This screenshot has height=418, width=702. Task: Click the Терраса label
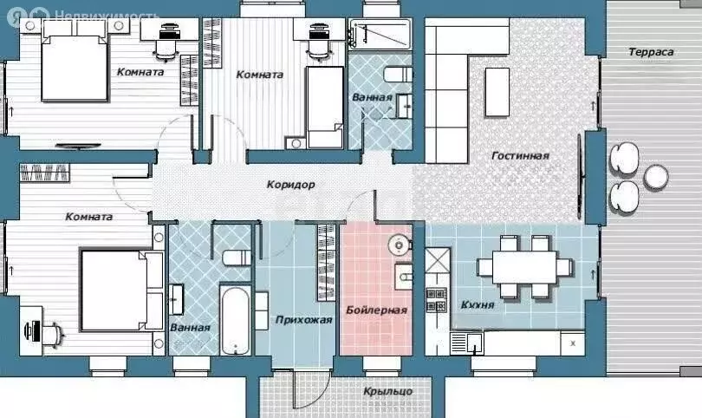click(x=651, y=52)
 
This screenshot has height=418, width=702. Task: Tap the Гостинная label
click(x=520, y=156)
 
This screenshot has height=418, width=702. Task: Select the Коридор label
click(x=291, y=184)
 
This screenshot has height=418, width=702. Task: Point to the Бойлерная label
click(x=376, y=310)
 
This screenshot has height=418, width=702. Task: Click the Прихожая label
click(x=303, y=320)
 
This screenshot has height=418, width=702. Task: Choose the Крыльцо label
click(x=387, y=392)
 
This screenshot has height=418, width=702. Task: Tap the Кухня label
click(x=478, y=305)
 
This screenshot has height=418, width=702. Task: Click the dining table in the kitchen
click(x=524, y=267)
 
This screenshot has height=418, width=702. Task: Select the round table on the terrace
click(x=656, y=178)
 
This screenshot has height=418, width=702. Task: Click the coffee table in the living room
click(x=497, y=92)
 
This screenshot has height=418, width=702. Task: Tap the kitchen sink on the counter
click(x=474, y=343)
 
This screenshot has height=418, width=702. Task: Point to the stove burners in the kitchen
click(x=436, y=300)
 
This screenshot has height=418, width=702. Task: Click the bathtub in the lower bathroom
click(x=234, y=321)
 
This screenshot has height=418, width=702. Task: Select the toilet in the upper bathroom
click(x=398, y=75)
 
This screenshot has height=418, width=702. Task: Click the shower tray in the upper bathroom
click(x=380, y=34)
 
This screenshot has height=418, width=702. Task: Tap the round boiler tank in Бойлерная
click(x=398, y=245)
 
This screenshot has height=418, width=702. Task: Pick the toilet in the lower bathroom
click(x=237, y=258)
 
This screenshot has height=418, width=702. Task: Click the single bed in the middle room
click(x=325, y=108)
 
